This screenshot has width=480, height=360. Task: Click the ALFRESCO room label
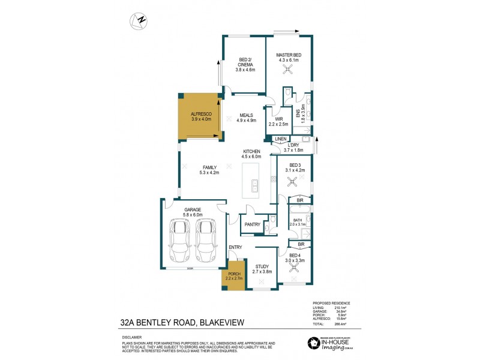[200, 113]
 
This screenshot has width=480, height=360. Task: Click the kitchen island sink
[254, 184]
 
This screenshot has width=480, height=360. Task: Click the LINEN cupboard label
[280, 139]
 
